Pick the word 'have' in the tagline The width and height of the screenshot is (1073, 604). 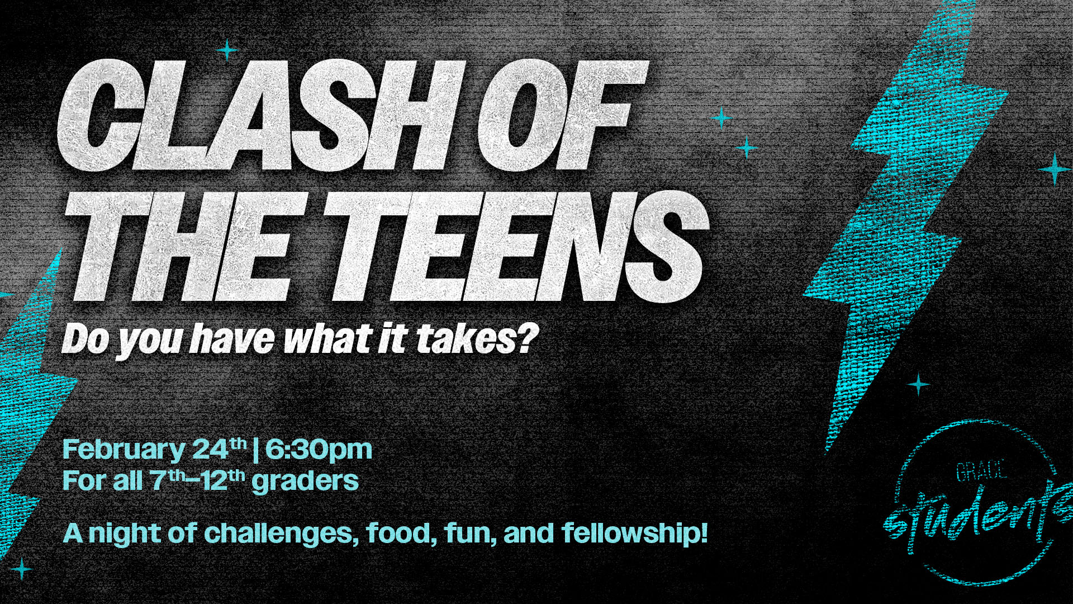coord(232,338)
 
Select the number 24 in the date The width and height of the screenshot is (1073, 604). coord(211,449)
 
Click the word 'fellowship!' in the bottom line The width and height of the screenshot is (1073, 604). coord(635,532)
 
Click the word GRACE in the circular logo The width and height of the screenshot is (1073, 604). coord(981,471)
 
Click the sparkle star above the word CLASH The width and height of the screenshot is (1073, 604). coord(227,50)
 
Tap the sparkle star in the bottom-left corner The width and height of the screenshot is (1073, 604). coord(22,569)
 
